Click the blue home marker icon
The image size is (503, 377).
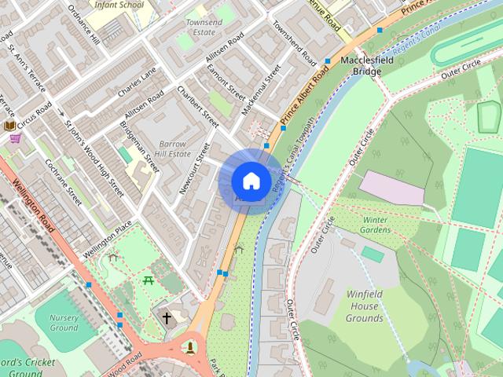[x=250, y=181]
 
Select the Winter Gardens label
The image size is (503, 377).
[x=376, y=225]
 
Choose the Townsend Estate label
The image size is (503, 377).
[x=204, y=28]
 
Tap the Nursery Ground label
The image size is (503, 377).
[x=64, y=322]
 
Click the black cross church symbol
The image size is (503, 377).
[x=167, y=318]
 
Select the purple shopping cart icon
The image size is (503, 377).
[x=15, y=139]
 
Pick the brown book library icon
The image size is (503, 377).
[x=9, y=125]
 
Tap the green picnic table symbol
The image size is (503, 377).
[x=148, y=280]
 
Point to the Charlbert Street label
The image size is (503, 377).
[x=199, y=108]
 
